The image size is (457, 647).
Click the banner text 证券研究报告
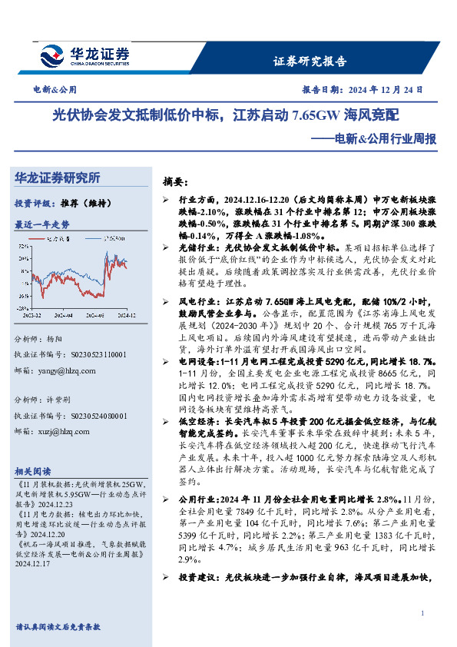(x=310, y=61)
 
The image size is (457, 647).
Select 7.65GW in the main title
(x=316, y=116)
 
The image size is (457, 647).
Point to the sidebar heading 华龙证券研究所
(x=58, y=178)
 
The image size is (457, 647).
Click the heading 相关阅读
(x=33, y=471)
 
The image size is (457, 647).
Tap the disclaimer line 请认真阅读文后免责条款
(x=58, y=626)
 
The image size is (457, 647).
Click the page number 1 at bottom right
(x=422, y=612)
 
